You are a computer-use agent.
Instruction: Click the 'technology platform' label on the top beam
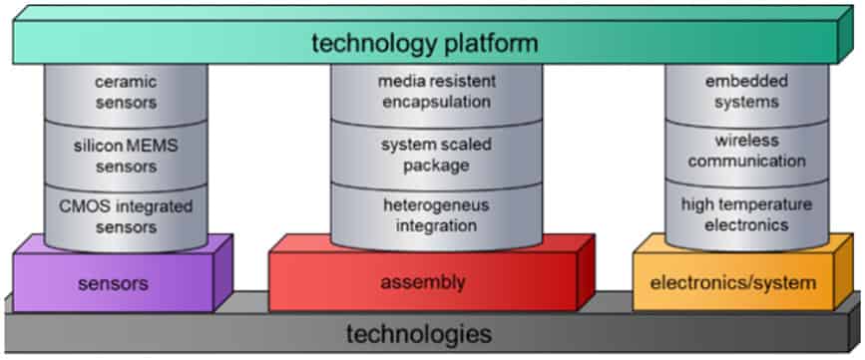(424, 44)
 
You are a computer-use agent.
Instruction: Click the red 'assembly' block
(423, 282)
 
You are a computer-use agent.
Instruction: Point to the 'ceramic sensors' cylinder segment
(126, 90)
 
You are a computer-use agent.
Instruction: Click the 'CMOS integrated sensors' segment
(126, 216)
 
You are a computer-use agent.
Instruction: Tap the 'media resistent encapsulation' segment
(436, 90)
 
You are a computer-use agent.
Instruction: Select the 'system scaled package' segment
(436, 155)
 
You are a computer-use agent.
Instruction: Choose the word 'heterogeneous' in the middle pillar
(434, 206)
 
